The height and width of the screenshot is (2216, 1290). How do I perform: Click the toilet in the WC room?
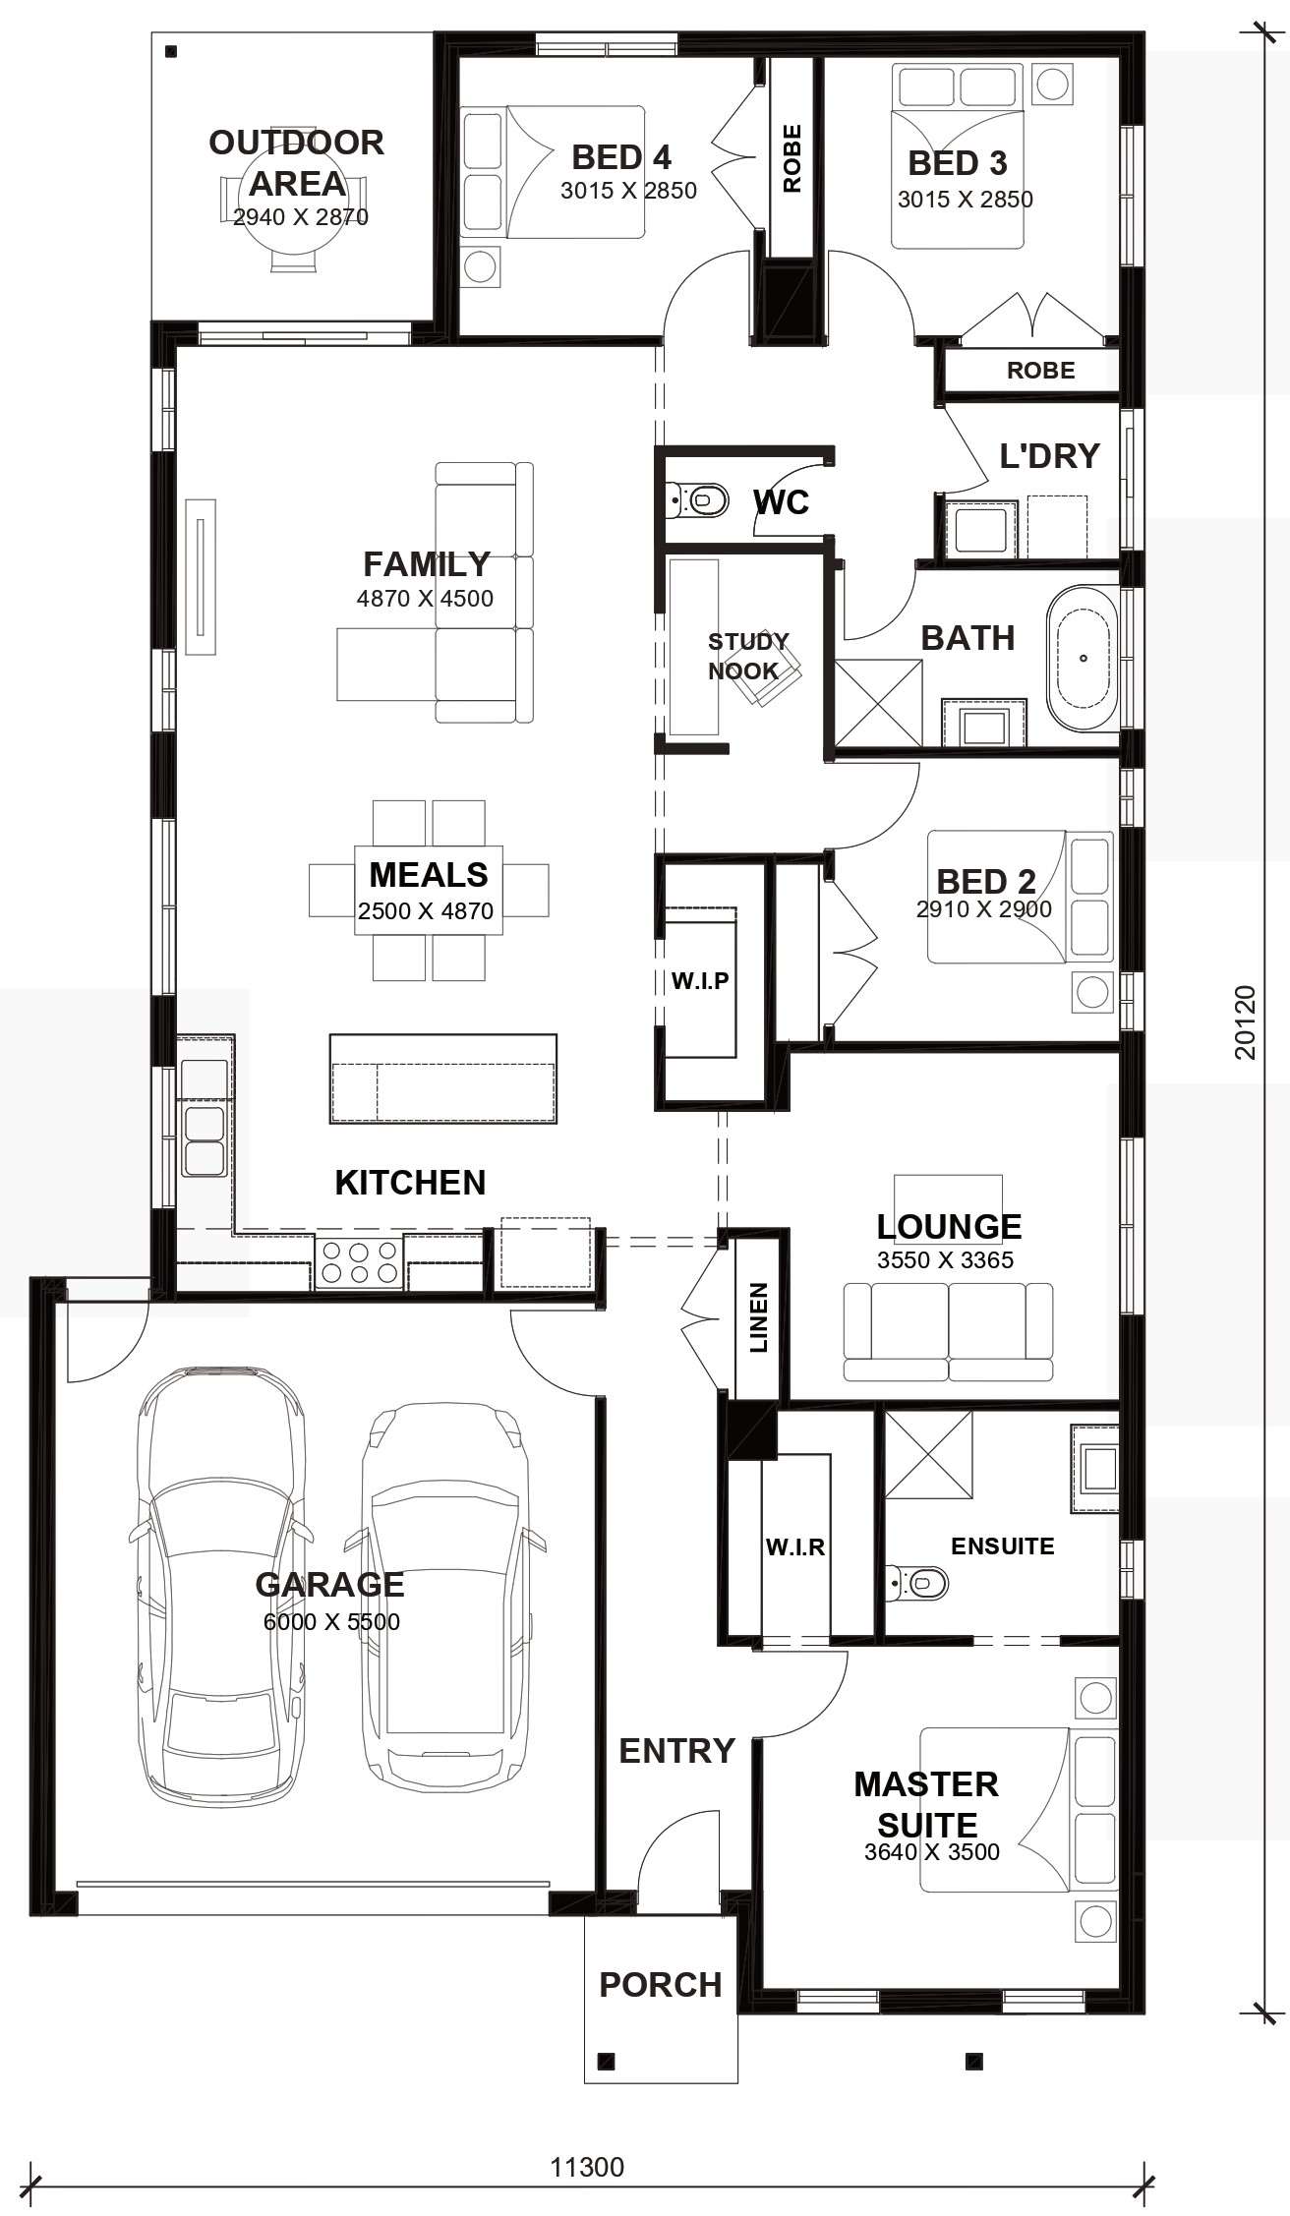(697, 500)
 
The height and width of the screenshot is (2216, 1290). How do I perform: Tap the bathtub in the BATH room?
(1083, 658)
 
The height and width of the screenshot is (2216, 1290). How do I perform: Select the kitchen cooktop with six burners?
(359, 1262)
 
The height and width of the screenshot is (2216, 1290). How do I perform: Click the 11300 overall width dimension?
(587, 2166)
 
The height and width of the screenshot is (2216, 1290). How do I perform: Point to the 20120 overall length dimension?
(1246, 1022)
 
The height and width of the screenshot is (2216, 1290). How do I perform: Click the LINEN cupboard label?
(759, 1317)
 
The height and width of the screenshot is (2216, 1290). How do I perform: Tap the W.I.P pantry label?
(700, 980)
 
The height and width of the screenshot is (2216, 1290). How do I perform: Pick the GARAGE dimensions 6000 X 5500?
(331, 1621)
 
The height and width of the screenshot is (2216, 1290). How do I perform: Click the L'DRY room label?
(1049, 455)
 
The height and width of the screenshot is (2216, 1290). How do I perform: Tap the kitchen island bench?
(442, 1078)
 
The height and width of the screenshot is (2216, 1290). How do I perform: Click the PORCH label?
(661, 1984)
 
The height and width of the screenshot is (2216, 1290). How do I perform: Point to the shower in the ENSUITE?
(927, 1455)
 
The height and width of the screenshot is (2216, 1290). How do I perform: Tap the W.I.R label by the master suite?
(795, 1547)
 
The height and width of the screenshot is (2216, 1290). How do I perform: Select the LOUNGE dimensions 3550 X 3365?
(945, 1259)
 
